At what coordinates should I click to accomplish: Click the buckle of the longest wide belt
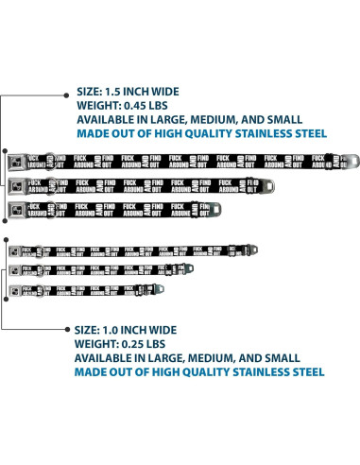(16, 160)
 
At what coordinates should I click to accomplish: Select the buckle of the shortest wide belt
(16, 207)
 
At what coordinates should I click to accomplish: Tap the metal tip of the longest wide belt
(341, 160)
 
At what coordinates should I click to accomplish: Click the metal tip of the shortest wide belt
(218, 206)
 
